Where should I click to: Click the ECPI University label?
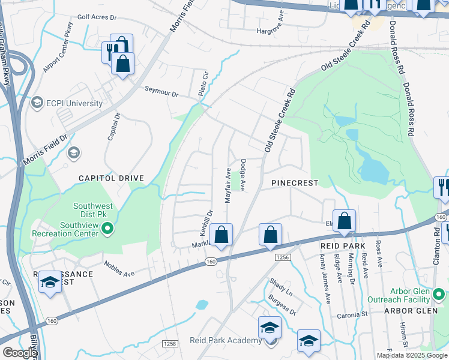75,103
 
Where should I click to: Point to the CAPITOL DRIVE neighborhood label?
111,178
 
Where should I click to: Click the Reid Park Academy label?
226,340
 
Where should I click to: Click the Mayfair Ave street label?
228,185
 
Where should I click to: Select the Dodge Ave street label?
243,175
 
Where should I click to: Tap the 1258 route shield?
169,343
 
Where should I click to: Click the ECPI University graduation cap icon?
37,103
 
